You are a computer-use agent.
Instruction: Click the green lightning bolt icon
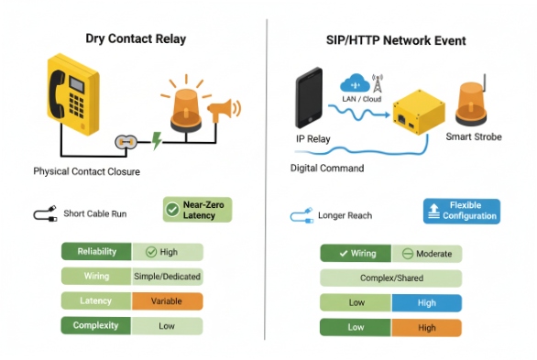[156, 141]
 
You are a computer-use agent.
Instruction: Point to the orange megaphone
[224, 112]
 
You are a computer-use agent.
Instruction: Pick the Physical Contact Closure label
[86, 171]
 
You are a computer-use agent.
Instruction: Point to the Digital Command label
[327, 169]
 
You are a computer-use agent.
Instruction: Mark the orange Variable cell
[167, 300]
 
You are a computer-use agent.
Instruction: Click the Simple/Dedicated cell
[167, 276]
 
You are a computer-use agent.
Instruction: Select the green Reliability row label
[96, 251]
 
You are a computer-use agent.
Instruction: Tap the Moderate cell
[426, 254]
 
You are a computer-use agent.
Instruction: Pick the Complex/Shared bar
[390, 278]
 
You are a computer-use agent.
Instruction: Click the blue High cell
[426, 303]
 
